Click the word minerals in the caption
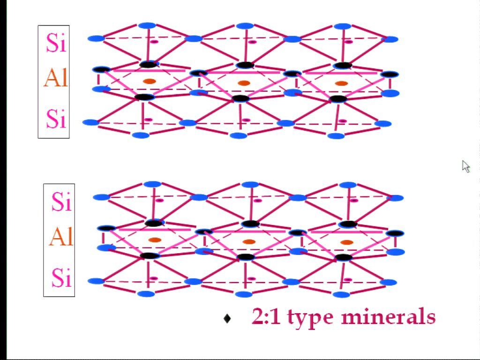coord(389,317)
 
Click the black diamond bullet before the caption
coord(227,318)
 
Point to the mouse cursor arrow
coord(465,166)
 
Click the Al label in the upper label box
coord(55,78)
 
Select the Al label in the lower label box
coord(61,237)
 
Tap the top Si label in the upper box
coord(56,43)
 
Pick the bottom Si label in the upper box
coord(56,119)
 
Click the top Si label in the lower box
coord(61,202)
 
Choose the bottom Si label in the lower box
coord(61,277)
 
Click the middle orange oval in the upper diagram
coord(244,83)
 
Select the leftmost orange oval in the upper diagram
coord(150,81)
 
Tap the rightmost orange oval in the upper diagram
coord(341,83)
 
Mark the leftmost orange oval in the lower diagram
coord(155,240)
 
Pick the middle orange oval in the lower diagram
coord(249,242)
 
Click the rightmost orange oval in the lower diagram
coord(347,242)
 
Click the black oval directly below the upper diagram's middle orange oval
coord(241,98)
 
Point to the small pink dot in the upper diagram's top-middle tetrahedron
coord(252,42)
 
